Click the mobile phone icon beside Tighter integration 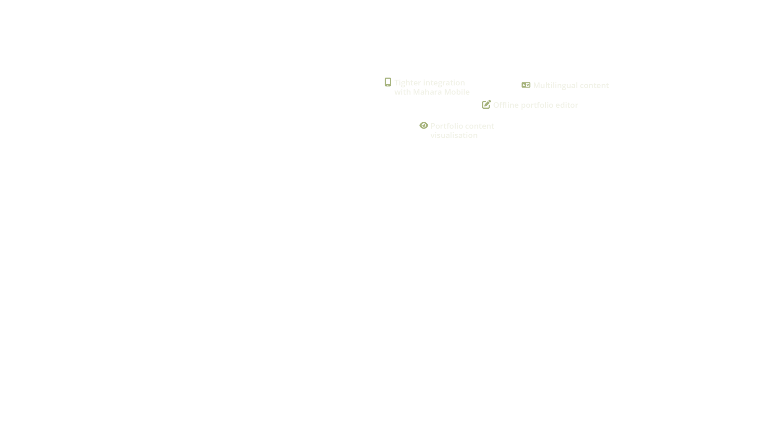[x=387, y=82]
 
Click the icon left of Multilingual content [x=526, y=85]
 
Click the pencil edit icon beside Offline [x=486, y=104]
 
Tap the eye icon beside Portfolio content [x=423, y=125]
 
